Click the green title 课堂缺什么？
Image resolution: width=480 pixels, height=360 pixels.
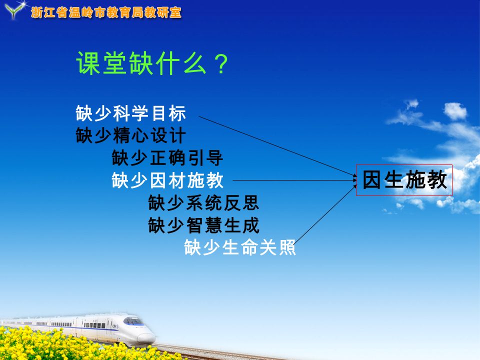pos(152,63)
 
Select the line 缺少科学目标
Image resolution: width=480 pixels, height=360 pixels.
pos(130,113)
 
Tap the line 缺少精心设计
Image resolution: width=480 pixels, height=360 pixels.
pos(130,135)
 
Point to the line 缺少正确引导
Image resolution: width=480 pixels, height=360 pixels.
pos(167,157)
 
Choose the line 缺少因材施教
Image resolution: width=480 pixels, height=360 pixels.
pos(167,180)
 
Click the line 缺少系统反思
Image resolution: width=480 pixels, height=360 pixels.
pos(203,202)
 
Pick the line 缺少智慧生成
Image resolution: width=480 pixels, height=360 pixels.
pos(203,225)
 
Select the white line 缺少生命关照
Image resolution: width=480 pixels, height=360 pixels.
pos(240,247)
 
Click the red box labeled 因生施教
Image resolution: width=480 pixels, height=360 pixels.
pos(404,180)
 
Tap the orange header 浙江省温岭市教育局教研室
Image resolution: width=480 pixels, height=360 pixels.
pos(106,13)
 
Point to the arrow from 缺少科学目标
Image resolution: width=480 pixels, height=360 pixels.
pos(277,146)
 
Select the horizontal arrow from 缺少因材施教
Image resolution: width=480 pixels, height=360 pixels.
pos(295,180)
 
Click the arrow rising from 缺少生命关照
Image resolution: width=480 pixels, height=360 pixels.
pos(325,214)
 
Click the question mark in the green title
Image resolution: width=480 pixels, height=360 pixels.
pos(221,63)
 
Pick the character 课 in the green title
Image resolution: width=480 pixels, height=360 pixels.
pos(88,63)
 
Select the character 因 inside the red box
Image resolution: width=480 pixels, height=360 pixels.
pos(372,180)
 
